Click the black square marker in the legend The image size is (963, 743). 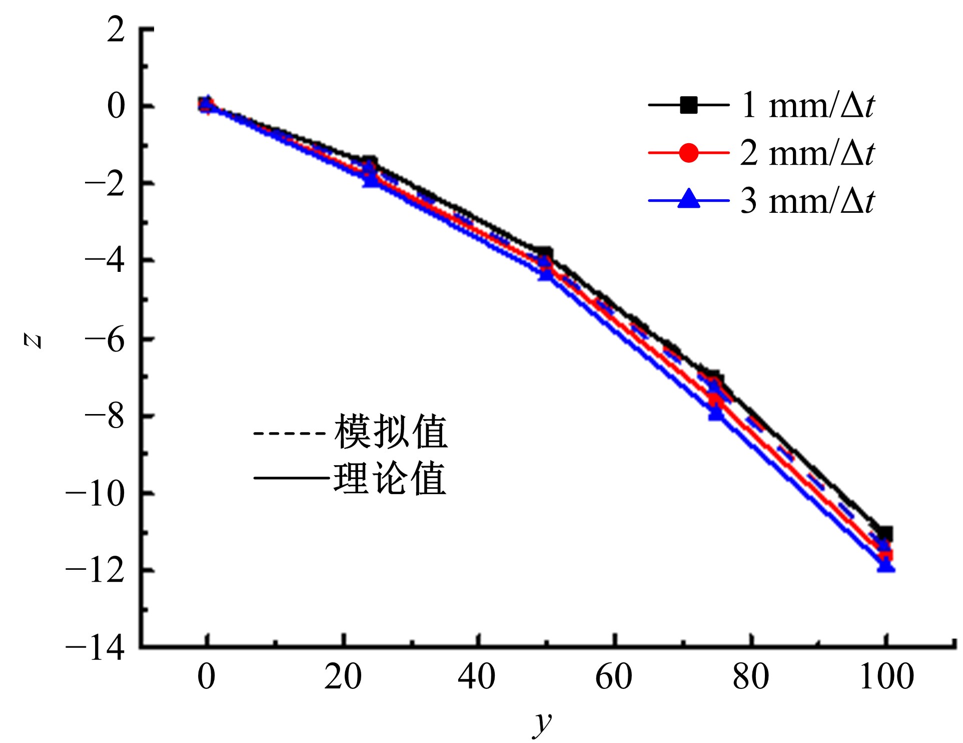click(688, 105)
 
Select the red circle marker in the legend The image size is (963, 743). click(688, 153)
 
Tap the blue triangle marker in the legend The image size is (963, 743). click(688, 199)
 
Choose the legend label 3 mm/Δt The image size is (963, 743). click(807, 201)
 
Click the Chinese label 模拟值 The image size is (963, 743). click(390, 432)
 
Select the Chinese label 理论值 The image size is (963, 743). click(390, 479)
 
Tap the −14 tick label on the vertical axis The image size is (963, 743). click(95, 648)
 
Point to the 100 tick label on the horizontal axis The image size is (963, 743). click(886, 677)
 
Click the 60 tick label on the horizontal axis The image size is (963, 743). click(614, 677)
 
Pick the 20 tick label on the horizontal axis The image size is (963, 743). click(343, 677)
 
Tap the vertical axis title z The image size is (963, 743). click(33, 341)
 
